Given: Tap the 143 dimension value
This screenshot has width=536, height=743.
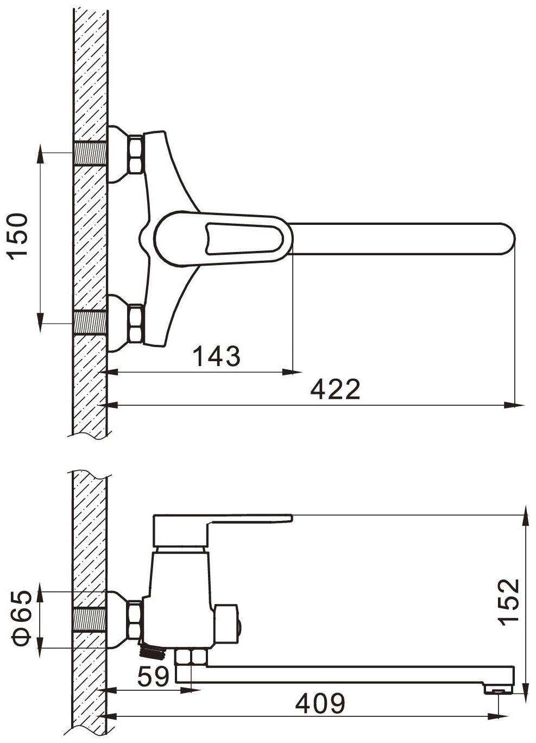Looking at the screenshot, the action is tap(217, 356).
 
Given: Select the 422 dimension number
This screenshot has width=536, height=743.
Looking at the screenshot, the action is tap(335, 389).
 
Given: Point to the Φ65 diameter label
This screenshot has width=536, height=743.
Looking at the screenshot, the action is tap(21, 612).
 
